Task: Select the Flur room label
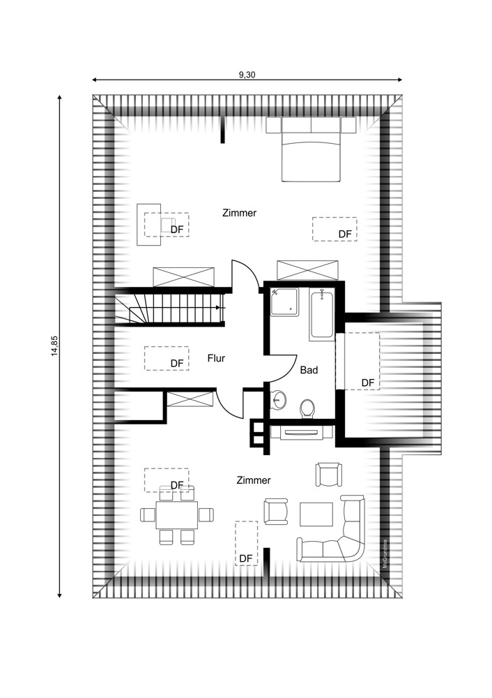(216, 358)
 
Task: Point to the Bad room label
(309, 370)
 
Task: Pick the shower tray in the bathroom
(285, 303)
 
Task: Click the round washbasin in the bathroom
(279, 400)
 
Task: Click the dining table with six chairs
(176, 515)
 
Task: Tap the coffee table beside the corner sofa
(316, 514)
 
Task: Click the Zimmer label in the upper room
(240, 213)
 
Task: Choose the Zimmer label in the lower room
(254, 480)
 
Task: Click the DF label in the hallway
(177, 364)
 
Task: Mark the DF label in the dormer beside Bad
(368, 383)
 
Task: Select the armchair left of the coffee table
(276, 511)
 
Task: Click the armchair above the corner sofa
(329, 475)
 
